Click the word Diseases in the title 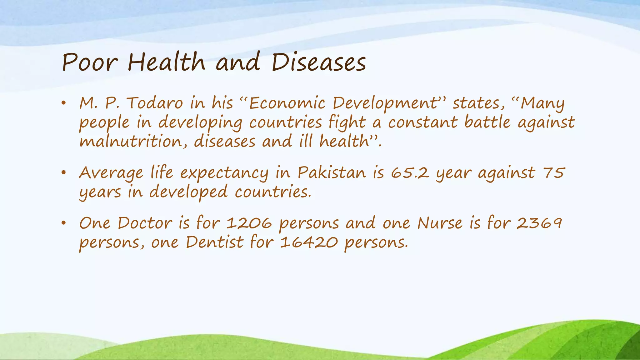coord(319,62)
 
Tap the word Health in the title coord(166,62)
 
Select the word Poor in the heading coord(90,62)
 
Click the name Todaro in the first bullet coord(155,103)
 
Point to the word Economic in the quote coord(287,103)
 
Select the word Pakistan coord(332,173)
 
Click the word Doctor coord(145,223)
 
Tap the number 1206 coord(249,223)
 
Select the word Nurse coord(440,223)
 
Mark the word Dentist coord(214,242)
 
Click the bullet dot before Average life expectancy coord(64,173)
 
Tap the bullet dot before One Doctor coord(64,223)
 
